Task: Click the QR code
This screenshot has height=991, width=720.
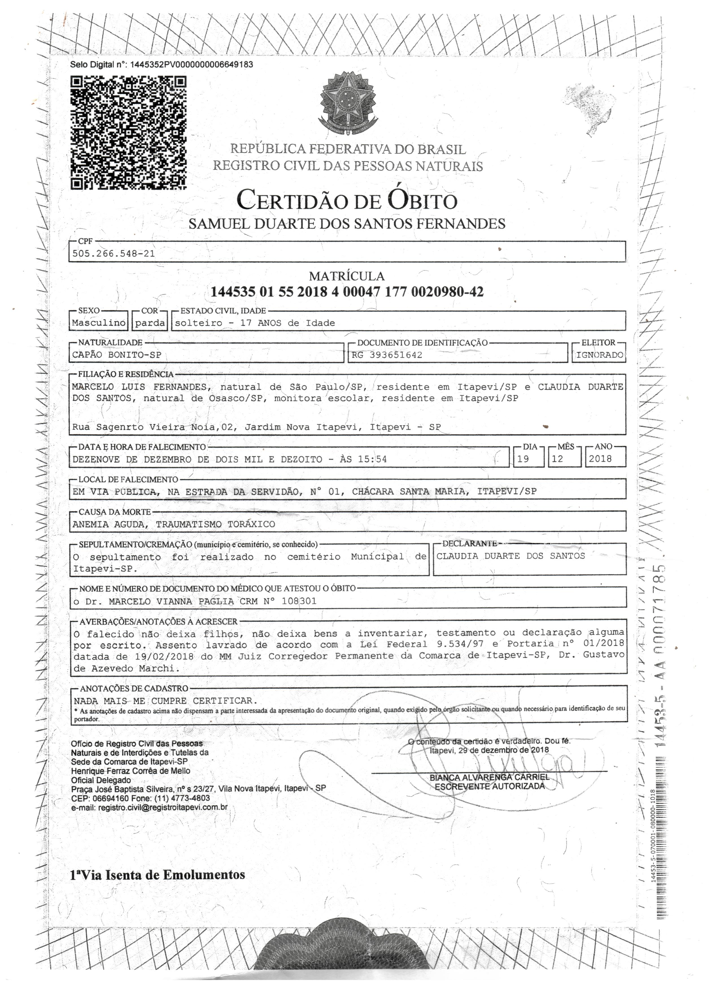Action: tap(128, 133)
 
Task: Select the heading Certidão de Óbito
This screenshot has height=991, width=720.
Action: tap(347, 201)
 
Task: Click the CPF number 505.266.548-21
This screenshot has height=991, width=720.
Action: tap(114, 253)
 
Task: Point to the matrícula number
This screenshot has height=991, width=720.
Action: tap(347, 292)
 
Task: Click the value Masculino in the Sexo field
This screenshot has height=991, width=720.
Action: tap(99, 323)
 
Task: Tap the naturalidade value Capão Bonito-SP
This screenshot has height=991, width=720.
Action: tap(117, 355)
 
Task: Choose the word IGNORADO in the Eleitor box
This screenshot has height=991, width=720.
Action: tap(599, 355)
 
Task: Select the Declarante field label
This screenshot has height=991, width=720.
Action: tap(469, 544)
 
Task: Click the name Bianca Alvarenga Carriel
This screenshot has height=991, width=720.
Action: tap(490, 777)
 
